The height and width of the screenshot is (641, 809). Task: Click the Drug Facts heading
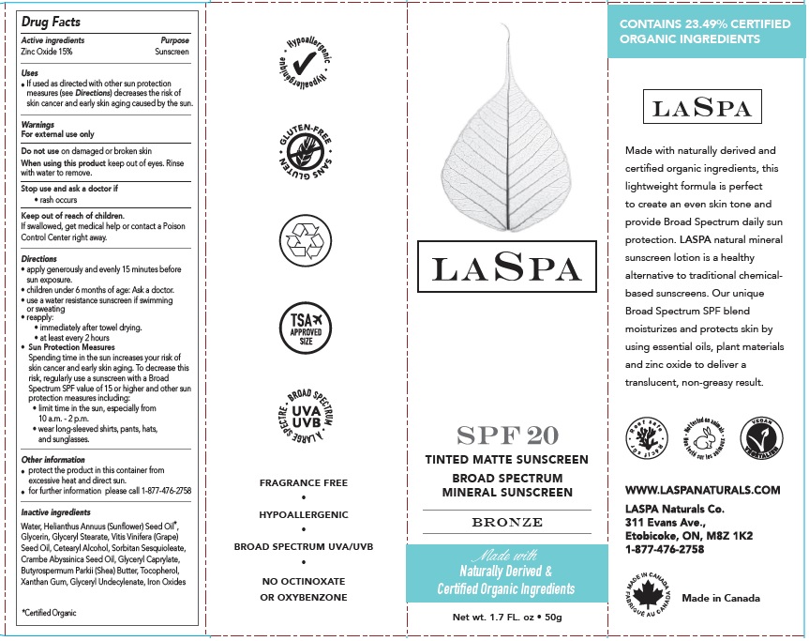pos(51,22)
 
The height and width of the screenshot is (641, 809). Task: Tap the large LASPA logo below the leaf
pos(507,269)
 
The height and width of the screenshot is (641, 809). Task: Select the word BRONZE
pos(506,522)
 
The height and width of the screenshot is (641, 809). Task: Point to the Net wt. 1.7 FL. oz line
pos(506,617)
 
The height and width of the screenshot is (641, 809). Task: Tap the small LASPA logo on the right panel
pos(701,108)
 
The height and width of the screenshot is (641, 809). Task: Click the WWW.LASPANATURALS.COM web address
pos(702,490)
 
